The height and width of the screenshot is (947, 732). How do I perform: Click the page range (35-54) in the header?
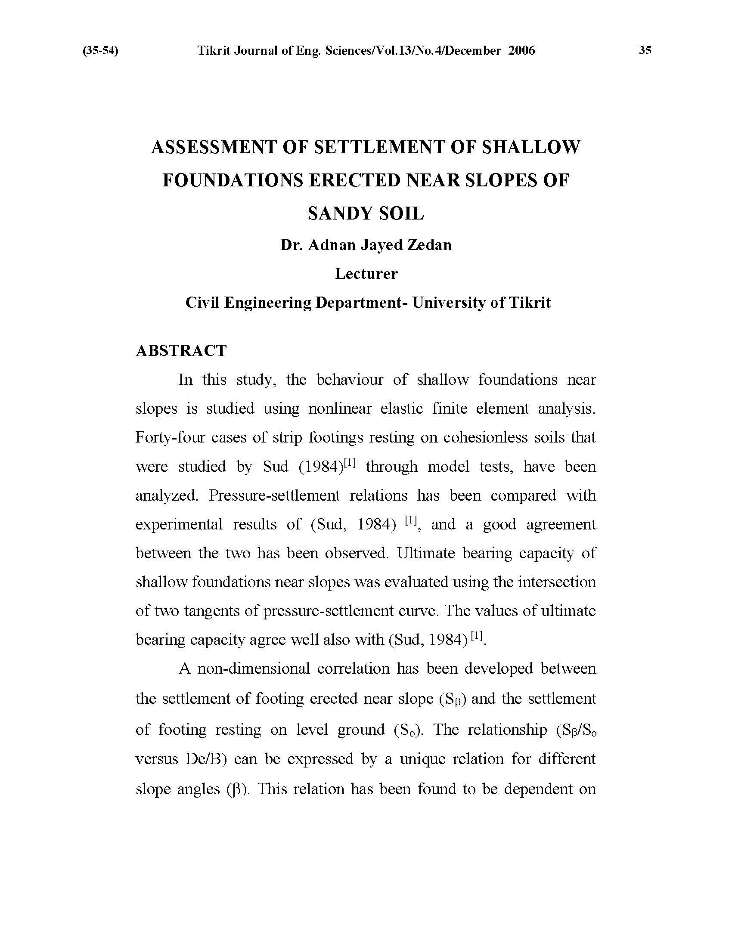point(100,51)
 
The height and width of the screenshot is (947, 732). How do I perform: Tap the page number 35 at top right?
point(645,51)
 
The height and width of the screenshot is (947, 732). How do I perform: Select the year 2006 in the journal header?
point(522,51)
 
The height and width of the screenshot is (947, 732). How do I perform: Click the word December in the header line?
point(473,51)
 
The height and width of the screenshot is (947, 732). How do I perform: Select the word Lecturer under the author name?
point(366,274)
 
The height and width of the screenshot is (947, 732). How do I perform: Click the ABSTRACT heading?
point(181,350)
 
